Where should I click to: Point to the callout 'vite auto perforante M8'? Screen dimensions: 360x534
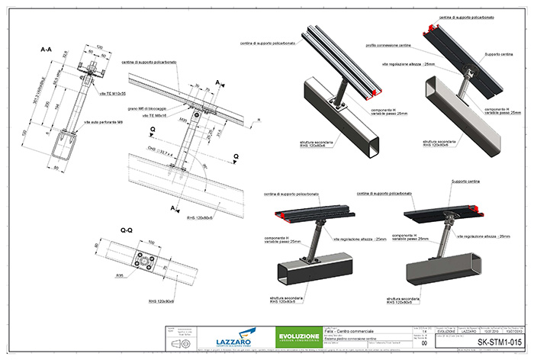[x=102, y=122]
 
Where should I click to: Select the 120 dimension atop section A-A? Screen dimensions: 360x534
[x=69, y=47]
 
